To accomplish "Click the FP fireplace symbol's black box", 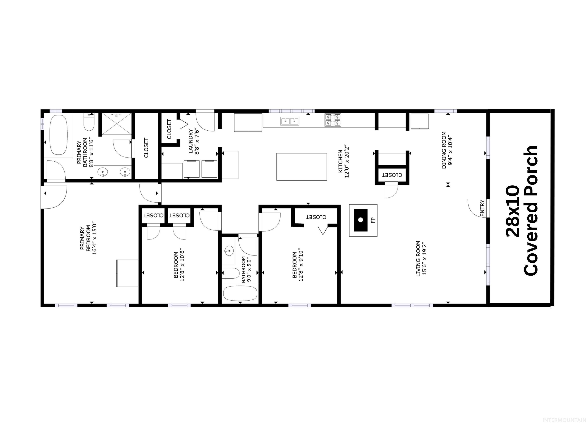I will click(361, 220).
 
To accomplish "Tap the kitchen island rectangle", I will click(302, 167).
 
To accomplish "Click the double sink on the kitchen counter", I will click(290, 121).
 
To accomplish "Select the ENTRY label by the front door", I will click(482, 208).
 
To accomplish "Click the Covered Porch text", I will click(530, 211).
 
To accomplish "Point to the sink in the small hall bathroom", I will click(229, 250).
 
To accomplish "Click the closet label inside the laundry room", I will click(169, 129).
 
